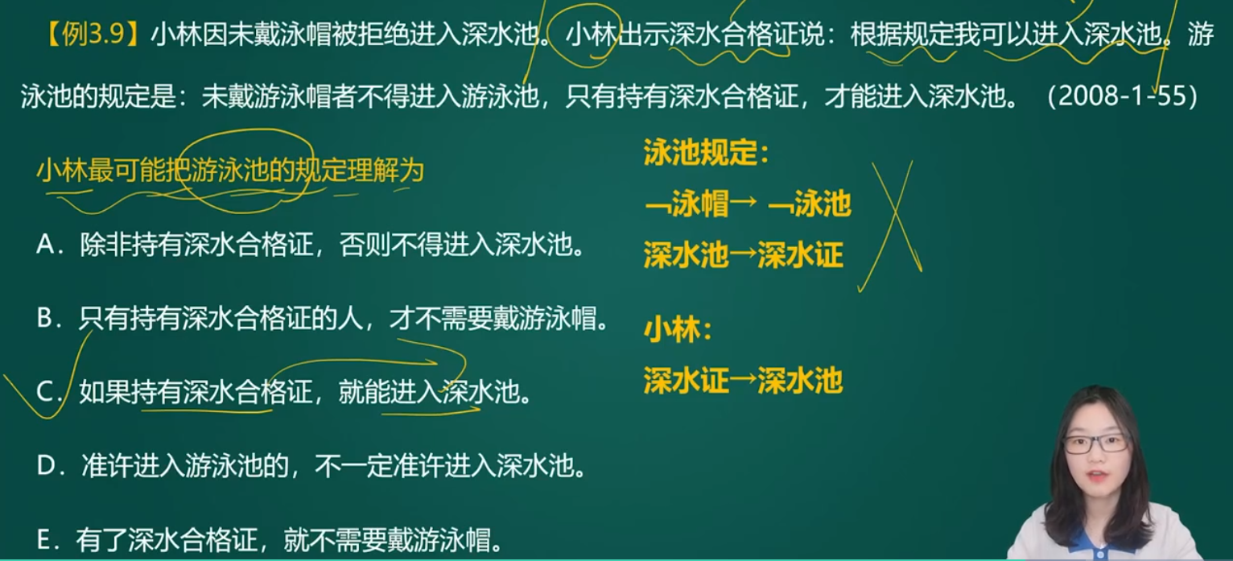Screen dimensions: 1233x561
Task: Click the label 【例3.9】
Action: pos(93,34)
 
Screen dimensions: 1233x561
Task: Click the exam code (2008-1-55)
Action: pos(1123,96)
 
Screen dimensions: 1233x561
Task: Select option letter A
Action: pos(45,245)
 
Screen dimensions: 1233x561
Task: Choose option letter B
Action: pos(44,318)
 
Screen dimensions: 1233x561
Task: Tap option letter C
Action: pos(45,391)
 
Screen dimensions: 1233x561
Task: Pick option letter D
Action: pos(46,466)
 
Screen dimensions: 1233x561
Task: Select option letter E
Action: pos(44,539)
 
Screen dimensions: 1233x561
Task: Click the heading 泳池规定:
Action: pos(706,152)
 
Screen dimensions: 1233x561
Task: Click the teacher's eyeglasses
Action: pos(1095,443)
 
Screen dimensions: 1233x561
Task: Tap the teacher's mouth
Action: pos(1096,476)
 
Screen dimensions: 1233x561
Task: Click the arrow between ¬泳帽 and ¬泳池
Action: pos(743,201)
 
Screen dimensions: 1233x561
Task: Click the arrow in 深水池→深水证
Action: pos(743,255)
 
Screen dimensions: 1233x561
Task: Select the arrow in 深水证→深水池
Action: pos(743,381)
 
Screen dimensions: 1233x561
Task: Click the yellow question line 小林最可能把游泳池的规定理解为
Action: pos(230,171)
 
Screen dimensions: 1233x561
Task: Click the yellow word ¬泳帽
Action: pos(687,204)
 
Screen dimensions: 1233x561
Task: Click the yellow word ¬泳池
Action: pos(810,204)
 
